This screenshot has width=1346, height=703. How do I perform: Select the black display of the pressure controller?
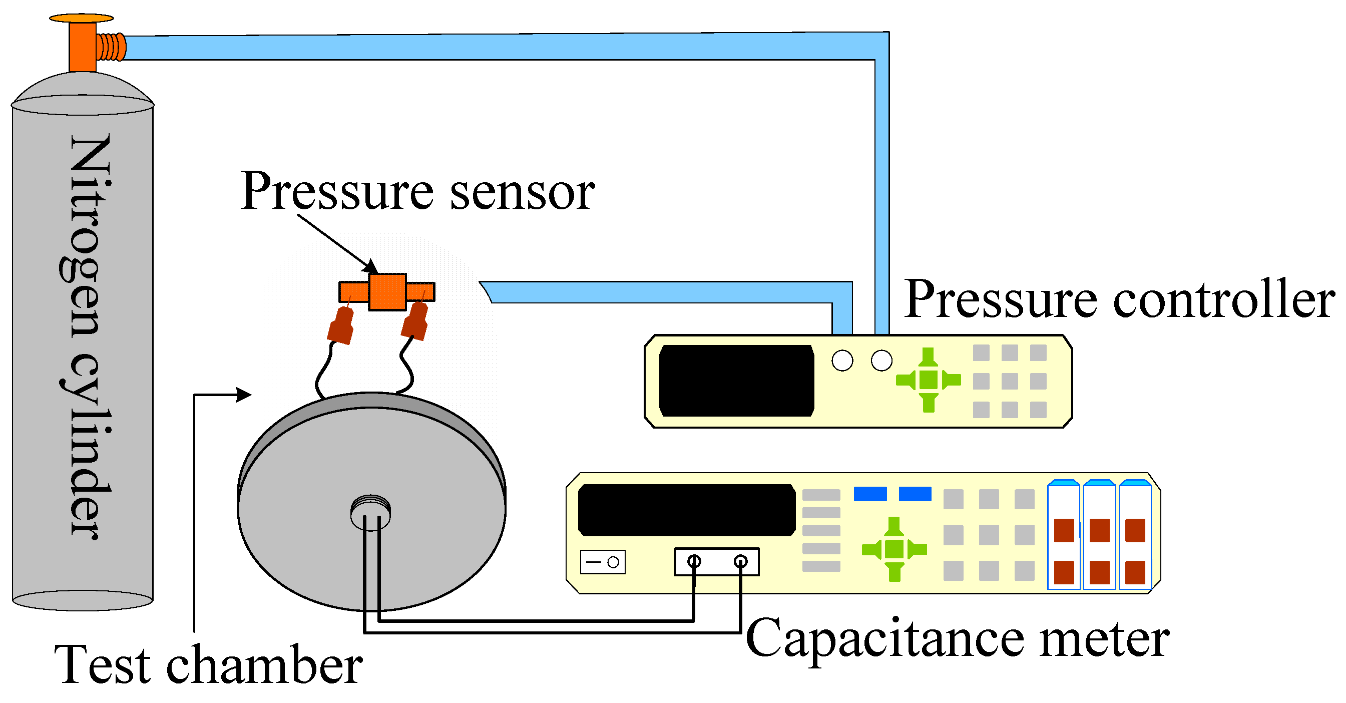coord(736,381)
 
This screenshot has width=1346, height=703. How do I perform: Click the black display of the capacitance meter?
coord(687,510)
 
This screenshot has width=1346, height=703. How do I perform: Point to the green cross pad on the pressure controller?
coord(928,380)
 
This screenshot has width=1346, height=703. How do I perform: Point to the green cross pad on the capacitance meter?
coord(894,549)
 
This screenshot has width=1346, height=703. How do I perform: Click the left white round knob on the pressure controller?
coord(842,361)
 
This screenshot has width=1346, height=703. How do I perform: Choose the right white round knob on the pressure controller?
coord(881,361)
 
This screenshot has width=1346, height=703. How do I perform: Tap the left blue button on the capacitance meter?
coord(869,494)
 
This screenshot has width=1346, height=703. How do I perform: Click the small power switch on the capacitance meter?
coord(603,562)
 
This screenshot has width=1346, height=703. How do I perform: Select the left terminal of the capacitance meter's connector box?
coord(694,562)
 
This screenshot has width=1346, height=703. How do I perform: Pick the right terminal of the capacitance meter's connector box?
coord(740,562)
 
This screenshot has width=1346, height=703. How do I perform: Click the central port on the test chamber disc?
coord(370,512)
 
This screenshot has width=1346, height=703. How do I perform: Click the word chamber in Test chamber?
coord(264,665)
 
